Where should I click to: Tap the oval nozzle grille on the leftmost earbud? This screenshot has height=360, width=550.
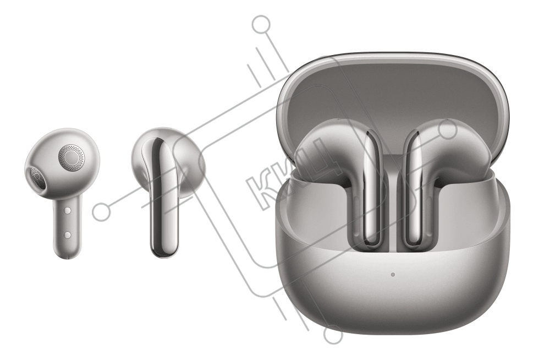pos(36,178)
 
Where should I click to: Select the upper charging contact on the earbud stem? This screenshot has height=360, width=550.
pos(68,210)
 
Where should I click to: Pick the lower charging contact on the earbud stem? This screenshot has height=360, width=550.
pos(68,234)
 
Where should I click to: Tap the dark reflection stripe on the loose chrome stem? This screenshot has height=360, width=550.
pos(157,197)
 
